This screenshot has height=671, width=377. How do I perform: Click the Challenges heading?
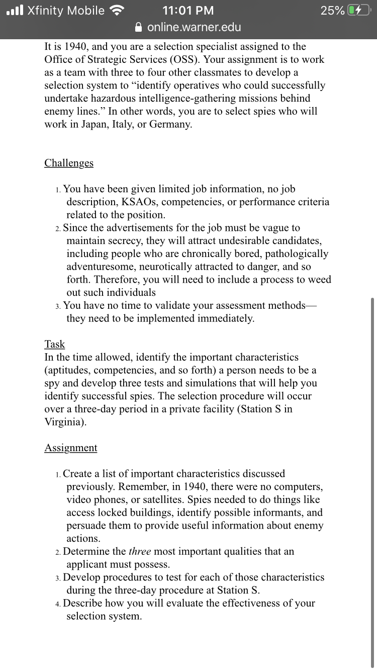click(69, 163)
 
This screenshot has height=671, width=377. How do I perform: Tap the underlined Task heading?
click(54, 344)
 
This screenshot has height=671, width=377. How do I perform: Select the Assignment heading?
click(70, 448)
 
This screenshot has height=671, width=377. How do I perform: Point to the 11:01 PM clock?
click(189, 11)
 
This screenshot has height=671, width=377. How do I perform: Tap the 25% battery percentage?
click(332, 11)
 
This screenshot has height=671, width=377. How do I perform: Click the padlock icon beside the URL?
click(140, 27)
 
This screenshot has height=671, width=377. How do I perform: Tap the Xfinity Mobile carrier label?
click(66, 11)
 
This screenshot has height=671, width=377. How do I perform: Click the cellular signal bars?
click(14, 11)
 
